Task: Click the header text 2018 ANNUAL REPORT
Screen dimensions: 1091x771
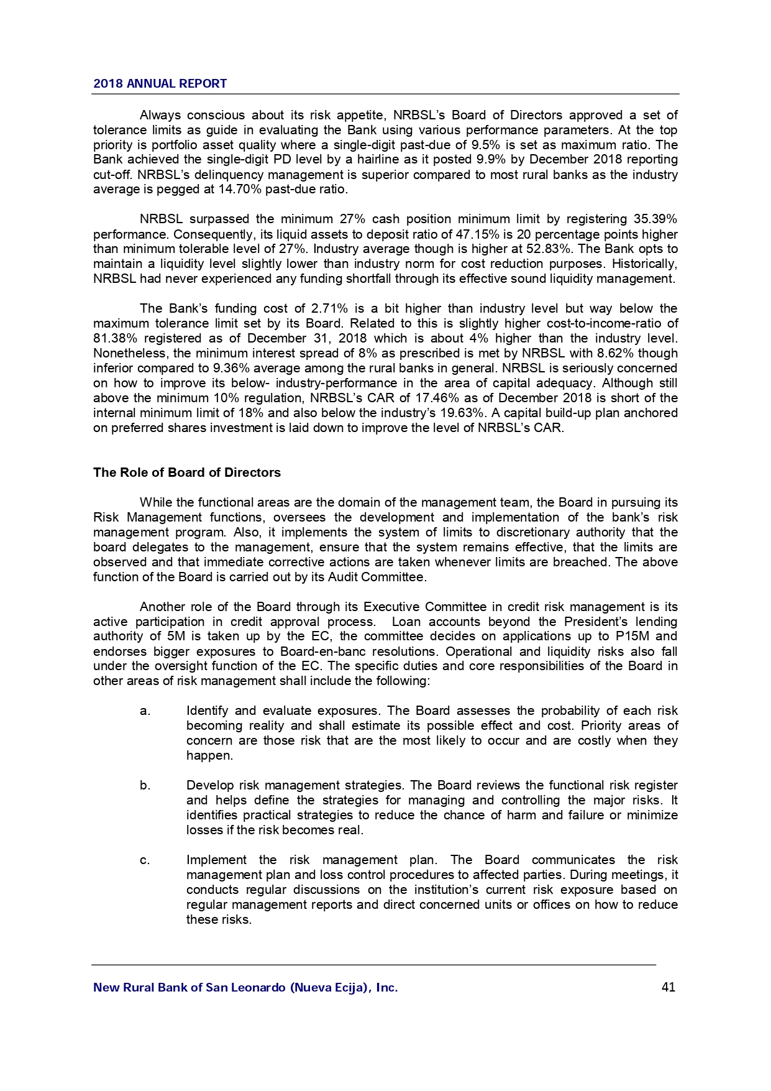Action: coord(160,84)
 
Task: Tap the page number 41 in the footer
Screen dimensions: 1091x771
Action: coord(668,987)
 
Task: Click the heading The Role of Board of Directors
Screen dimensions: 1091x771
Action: coord(186,472)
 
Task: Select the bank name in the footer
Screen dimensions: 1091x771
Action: coord(245,987)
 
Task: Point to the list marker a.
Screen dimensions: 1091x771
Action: coord(145,711)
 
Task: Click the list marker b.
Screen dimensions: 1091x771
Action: coord(145,786)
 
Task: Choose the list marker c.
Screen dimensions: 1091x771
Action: coord(145,860)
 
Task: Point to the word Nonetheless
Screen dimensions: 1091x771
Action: coord(130,354)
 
